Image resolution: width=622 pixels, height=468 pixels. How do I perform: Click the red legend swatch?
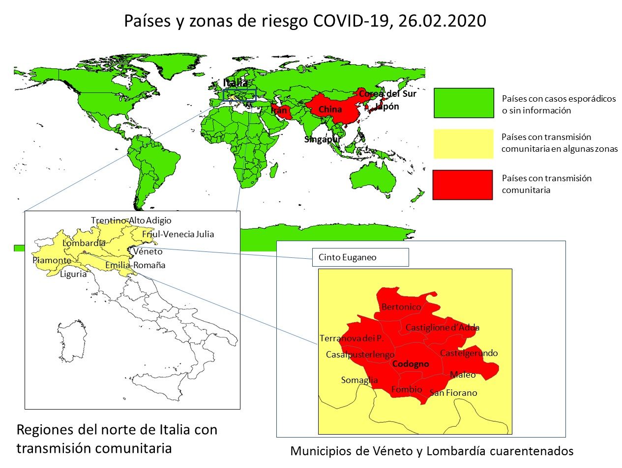click(462, 185)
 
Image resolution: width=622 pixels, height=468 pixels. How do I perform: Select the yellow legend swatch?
click(463, 144)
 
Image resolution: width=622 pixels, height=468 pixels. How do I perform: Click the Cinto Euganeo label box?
click(360, 257)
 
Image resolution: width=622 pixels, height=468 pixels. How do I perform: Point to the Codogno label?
click(411, 364)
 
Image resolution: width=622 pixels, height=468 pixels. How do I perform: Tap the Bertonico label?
click(401, 307)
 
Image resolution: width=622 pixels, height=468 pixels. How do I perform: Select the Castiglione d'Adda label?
click(442, 328)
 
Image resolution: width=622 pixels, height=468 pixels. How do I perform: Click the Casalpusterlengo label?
click(360, 355)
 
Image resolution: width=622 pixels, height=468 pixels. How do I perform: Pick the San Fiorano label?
click(453, 393)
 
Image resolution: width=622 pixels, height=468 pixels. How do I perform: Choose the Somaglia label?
click(359, 380)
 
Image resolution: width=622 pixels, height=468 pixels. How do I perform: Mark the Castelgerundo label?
click(469, 353)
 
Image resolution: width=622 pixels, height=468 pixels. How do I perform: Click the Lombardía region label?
click(84, 243)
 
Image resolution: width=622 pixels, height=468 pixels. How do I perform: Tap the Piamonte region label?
click(52, 260)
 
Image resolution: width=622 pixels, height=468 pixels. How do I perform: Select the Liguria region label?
click(73, 274)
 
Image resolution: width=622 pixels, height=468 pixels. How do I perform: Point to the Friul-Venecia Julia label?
click(178, 234)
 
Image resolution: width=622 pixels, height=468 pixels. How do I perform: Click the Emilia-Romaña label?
click(135, 265)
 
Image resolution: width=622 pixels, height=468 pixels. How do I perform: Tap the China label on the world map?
click(330, 110)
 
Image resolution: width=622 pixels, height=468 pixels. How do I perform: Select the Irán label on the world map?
click(279, 110)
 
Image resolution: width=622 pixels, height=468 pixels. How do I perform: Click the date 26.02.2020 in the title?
click(442, 21)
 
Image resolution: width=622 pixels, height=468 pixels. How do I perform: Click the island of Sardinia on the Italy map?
click(72, 339)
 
